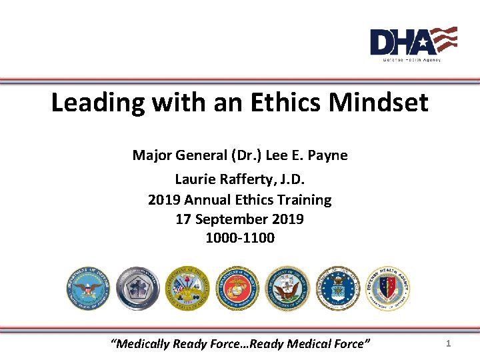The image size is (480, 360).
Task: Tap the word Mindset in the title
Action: [382, 103]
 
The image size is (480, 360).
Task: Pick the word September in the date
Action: [237, 219]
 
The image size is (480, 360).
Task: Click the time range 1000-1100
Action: [240, 237]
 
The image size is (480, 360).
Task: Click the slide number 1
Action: [449, 343]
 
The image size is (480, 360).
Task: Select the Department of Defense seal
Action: [88, 288]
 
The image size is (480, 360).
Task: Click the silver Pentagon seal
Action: [138, 288]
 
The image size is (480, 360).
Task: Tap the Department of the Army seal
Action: [187, 288]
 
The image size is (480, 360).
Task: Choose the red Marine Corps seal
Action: [237, 288]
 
